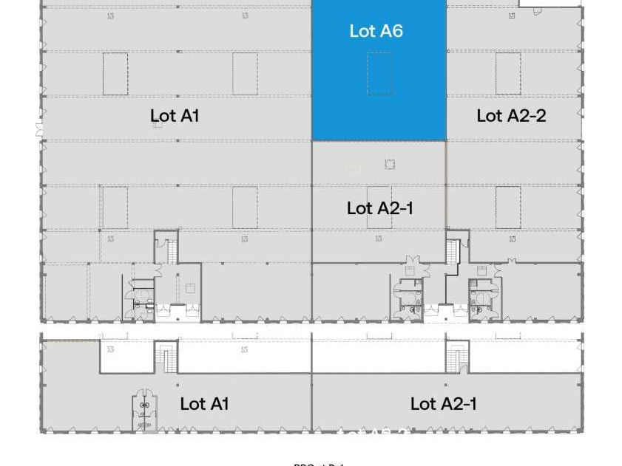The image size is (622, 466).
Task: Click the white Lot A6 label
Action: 376,31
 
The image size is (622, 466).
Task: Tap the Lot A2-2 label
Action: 511,115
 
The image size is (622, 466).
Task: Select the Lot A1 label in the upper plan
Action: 175,115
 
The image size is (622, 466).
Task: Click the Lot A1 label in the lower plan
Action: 204,403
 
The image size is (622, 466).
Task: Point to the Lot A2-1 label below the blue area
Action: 380,208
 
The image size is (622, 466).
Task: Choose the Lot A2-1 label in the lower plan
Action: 443,403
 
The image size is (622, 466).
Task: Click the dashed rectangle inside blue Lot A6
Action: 379,74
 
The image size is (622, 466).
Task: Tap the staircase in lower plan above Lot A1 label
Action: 166,358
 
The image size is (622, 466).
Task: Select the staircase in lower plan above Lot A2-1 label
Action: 456,358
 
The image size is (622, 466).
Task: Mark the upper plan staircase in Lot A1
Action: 171,250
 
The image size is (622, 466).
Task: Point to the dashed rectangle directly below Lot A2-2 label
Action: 508,208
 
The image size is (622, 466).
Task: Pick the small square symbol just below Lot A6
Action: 390,165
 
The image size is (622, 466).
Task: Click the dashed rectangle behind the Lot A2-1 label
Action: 379,208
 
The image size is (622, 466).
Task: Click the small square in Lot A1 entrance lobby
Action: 190,288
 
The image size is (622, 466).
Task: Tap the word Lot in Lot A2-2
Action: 490,115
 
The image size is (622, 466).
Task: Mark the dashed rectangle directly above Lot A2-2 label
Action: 508,74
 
